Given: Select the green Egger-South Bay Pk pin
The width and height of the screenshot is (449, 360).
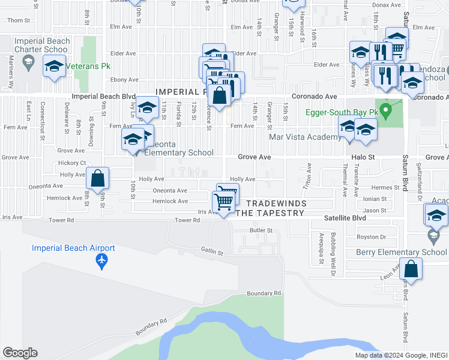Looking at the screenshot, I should [387, 111].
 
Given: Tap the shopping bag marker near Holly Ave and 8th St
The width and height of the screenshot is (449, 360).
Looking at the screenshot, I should [97, 178].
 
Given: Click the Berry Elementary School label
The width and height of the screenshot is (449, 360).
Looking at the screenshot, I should [402, 252].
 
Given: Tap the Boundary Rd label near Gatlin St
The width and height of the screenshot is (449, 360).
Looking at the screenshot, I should [264, 293].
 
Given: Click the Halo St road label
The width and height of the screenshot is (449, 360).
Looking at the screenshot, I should [363, 157].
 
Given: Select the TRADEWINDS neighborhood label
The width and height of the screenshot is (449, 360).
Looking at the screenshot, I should [277, 203].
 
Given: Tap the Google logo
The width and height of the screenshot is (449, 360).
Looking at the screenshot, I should [20, 353].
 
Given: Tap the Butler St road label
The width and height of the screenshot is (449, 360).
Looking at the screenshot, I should [261, 230].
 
